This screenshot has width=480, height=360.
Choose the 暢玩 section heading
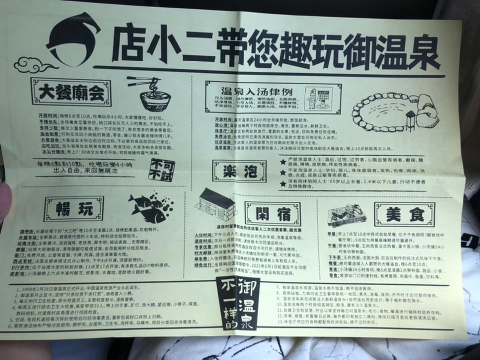[74, 208]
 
